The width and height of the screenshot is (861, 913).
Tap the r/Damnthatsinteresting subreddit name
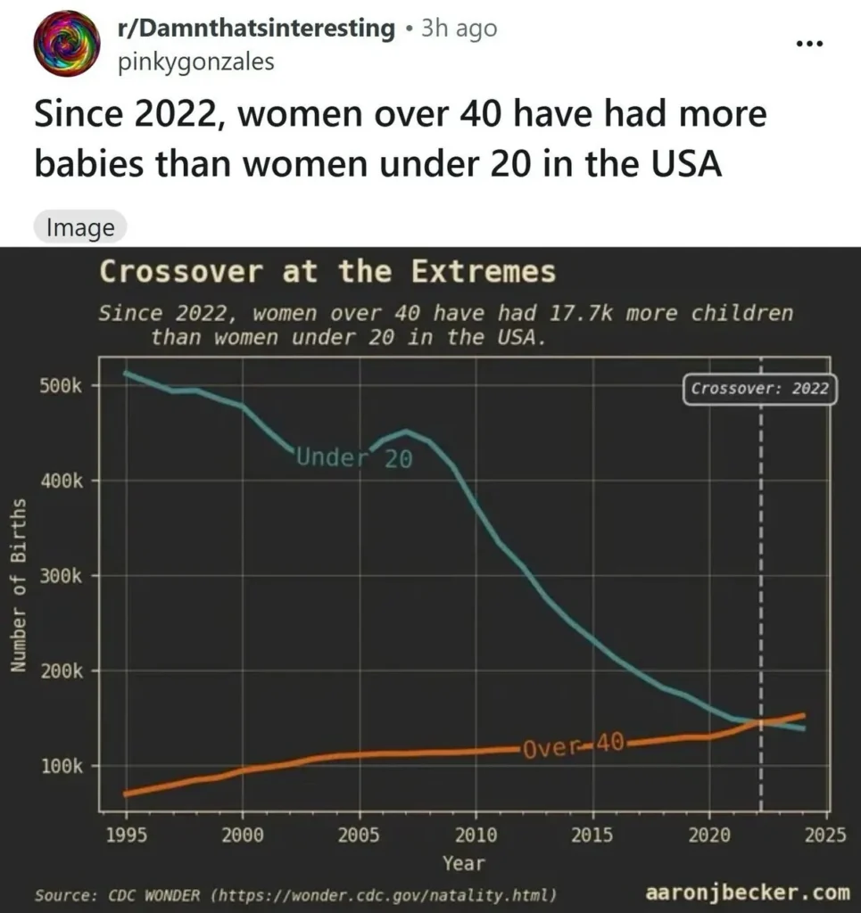(x=255, y=29)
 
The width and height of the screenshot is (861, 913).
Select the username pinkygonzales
(x=195, y=62)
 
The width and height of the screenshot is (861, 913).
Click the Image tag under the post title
(x=80, y=227)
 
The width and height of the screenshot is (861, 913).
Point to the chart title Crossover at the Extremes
(x=327, y=272)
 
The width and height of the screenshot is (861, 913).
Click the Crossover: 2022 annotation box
(x=760, y=390)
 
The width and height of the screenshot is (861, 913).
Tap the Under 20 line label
(x=353, y=459)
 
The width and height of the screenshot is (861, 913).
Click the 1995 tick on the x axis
(x=126, y=835)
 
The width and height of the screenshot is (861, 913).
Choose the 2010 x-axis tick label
(x=476, y=835)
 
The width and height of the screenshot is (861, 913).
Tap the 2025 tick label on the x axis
(x=825, y=835)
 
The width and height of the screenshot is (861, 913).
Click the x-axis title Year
(x=464, y=862)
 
